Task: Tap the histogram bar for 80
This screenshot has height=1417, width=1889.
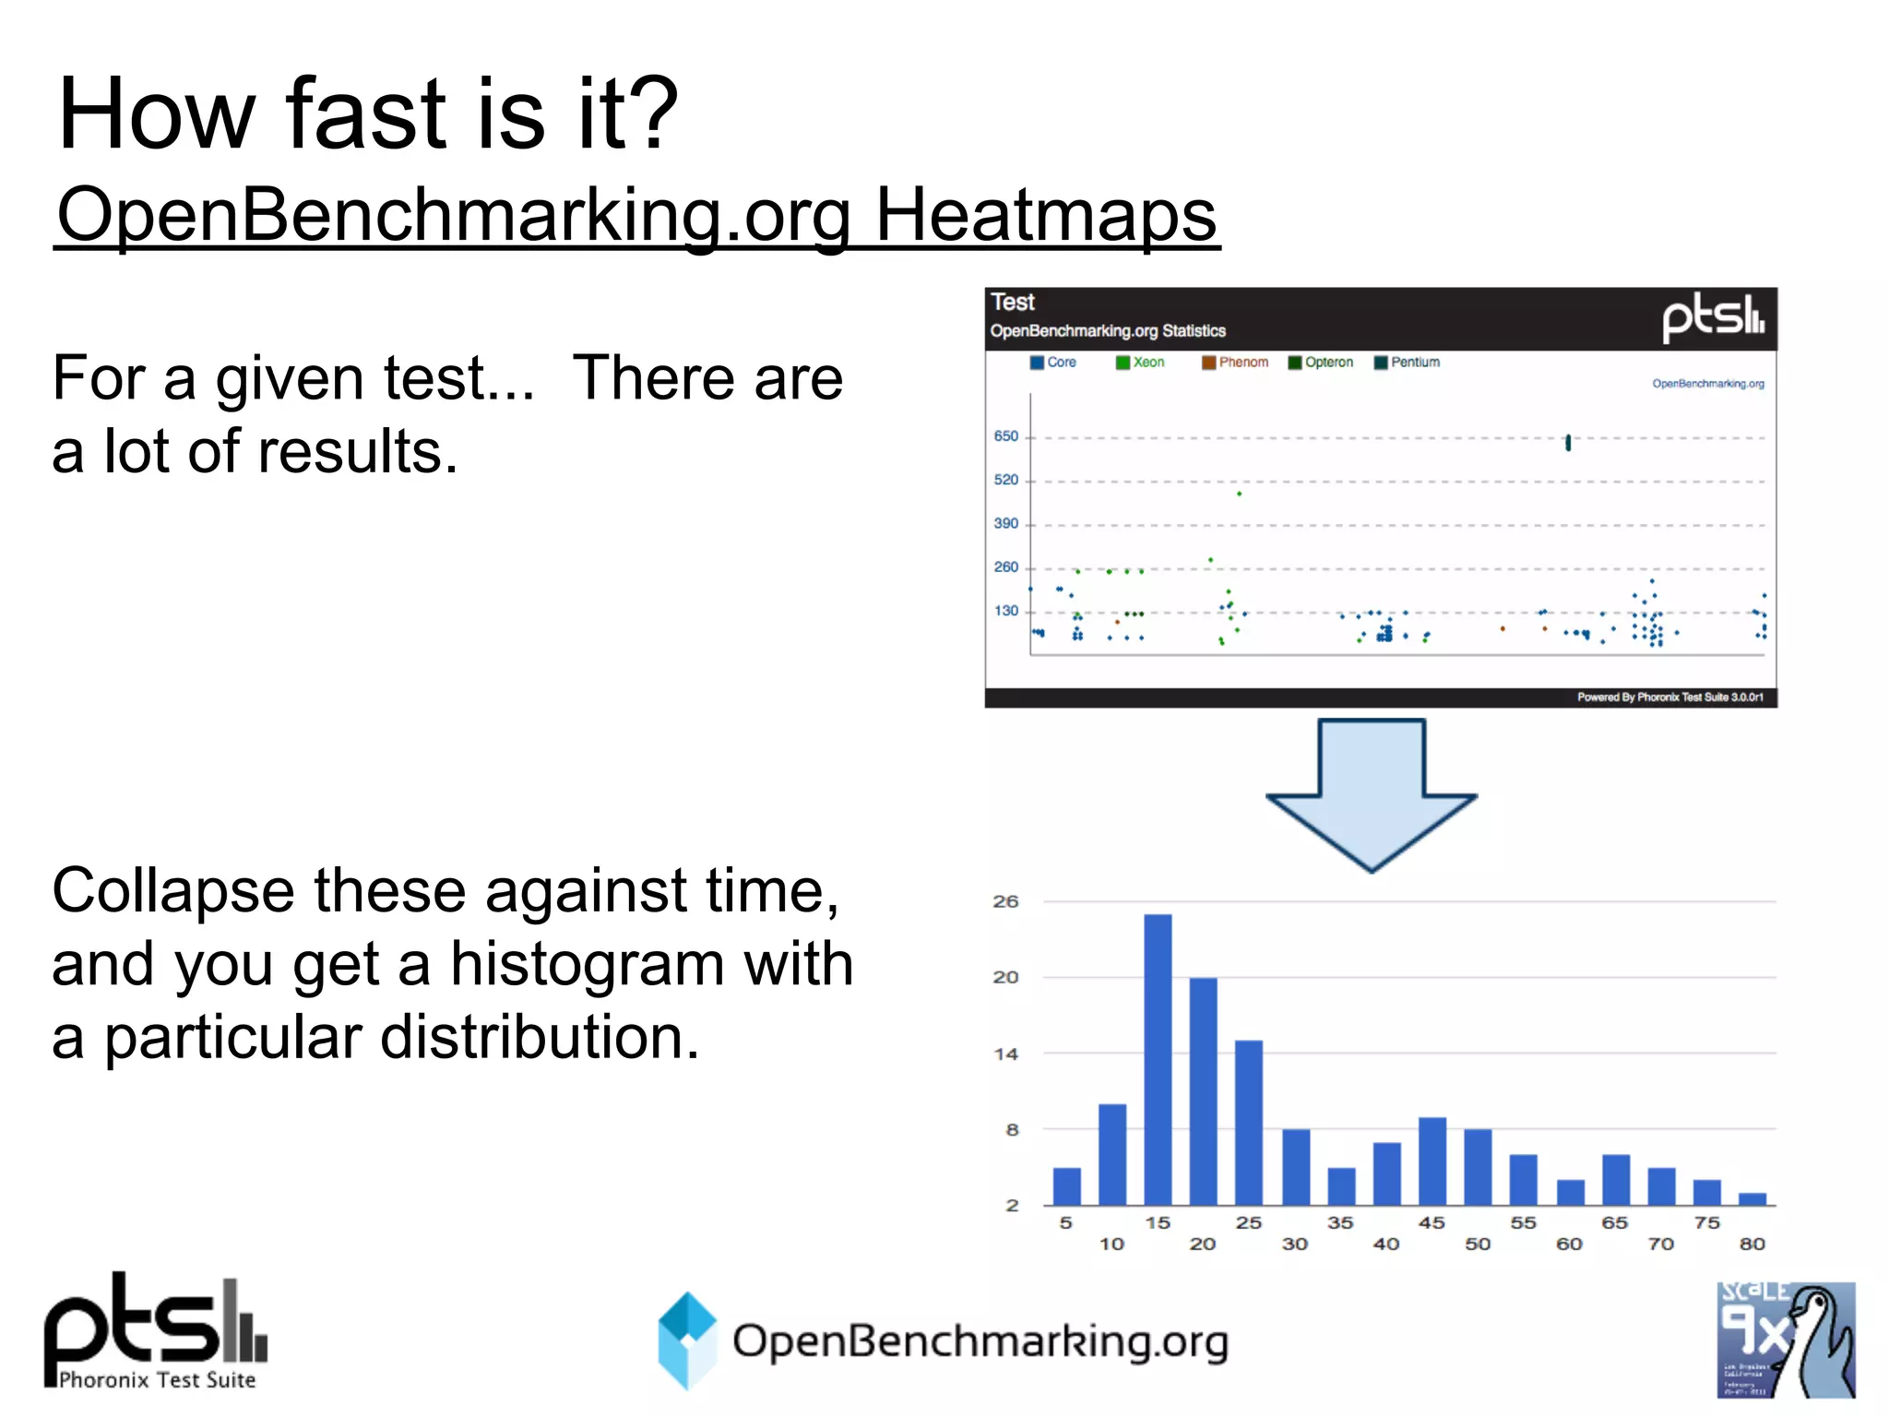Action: click(1752, 1198)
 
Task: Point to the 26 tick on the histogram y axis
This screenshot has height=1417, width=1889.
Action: click(1005, 901)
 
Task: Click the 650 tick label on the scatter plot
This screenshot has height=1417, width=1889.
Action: click(1005, 436)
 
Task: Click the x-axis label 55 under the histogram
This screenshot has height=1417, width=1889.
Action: click(1523, 1222)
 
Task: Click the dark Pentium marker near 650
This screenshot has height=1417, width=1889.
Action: click(1568, 443)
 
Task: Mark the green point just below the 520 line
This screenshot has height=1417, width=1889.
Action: click(1239, 494)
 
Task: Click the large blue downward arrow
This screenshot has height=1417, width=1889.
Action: click(1372, 794)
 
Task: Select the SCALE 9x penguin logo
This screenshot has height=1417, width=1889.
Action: click(1785, 1339)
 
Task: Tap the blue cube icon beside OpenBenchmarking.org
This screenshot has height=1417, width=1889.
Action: click(686, 1340)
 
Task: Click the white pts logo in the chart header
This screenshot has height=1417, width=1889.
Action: click(1713, 318)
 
